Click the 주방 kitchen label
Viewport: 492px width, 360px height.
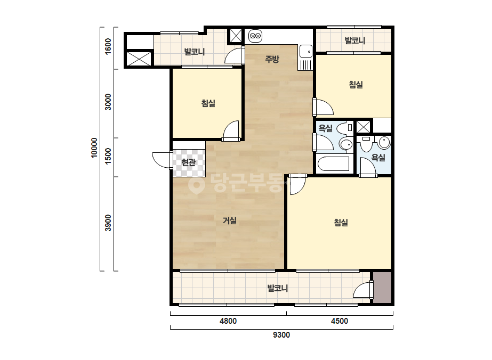click(x=272, y=59)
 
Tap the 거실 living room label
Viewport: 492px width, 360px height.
click(x=229, y=220)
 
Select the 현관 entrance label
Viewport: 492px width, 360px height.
click(x=188, y=162)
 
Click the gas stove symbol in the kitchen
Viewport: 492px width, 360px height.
click(x=255, y=36)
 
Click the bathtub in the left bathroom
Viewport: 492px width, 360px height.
click(x=333, y=163)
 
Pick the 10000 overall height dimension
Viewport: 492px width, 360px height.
click(x=94, y=148)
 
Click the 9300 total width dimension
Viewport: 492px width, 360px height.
click(x=281, y=335)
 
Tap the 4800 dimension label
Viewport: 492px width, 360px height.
click(x=228, y=321)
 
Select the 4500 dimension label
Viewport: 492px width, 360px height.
click(x=340, y=321)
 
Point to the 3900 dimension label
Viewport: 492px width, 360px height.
click(x=108, y=223)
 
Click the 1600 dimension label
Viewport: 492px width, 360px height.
click(x=108, y=46)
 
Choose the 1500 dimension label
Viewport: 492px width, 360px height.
click(x=108, y=156)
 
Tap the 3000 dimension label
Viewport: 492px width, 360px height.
click(x=108, y=102)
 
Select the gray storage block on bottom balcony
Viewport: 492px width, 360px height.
click(x=382, y=288)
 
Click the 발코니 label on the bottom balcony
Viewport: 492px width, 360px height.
click(x=277, y=288)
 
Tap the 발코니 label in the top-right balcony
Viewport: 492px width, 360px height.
click(x=354, y=40)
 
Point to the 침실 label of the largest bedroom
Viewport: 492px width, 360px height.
click(x=341, y=223)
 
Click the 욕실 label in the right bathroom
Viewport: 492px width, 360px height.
click(x=378, y=158)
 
